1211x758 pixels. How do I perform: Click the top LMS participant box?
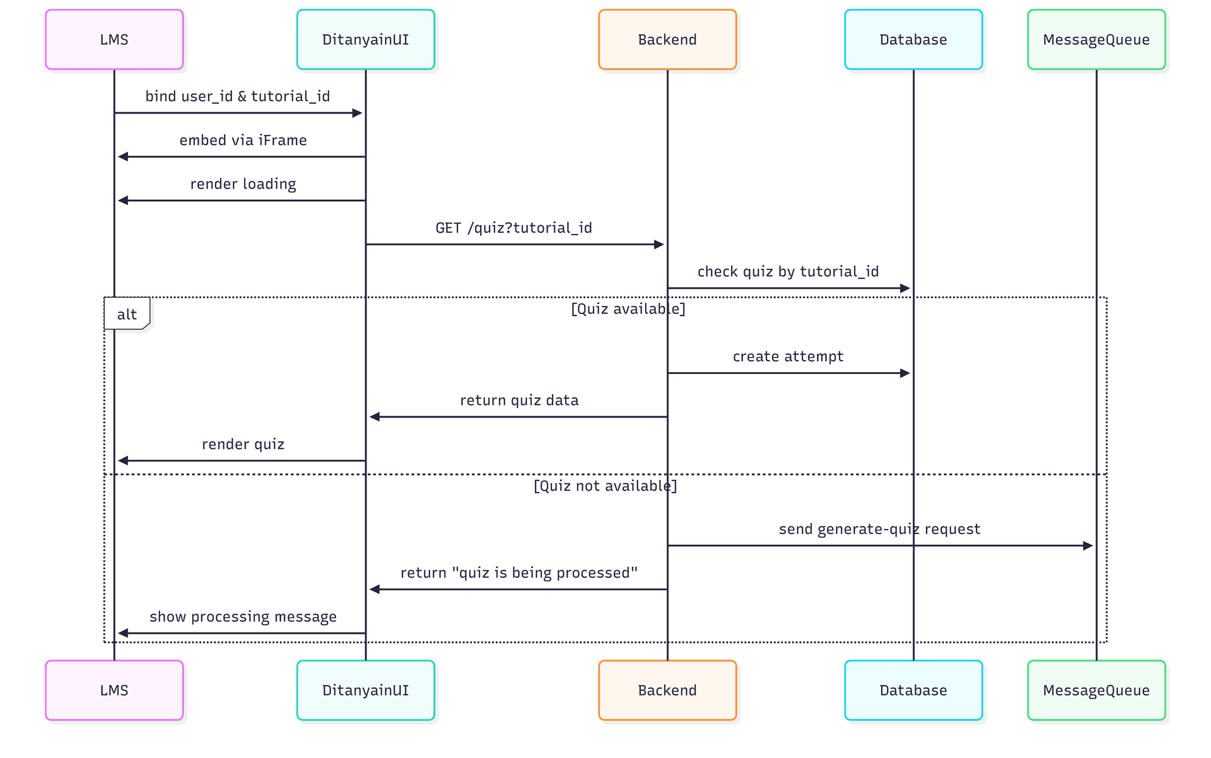[x=114, y=40]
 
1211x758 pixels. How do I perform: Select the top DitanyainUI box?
[x=365, y=40]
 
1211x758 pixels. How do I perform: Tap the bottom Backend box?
[x=667, y=690]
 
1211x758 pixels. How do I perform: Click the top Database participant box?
[x=913, y=40]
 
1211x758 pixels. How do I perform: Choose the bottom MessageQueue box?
[x=1096, y=690]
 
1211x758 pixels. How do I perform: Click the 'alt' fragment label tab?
[x=127, y=314]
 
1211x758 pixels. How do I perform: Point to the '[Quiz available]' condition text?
[x=628, y=309]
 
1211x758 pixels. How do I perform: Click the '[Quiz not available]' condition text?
[x=605, y=486]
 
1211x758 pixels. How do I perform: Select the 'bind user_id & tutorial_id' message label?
[x=238, y=96]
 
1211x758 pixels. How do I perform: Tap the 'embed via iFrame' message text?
[x=243, y=141]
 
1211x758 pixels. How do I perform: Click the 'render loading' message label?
[x=243, y=184]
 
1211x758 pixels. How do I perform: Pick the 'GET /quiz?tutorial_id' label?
[x=513, y=228]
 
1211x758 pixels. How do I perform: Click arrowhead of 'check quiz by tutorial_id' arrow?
[x=905, y=288]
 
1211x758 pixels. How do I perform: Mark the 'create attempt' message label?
[x=788, y=357]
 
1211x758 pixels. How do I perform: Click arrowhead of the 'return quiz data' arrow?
[x=375, y=417]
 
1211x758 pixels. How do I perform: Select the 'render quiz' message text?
[x=243, y=445]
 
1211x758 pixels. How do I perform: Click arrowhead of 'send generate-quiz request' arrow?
[x=1087, y=545]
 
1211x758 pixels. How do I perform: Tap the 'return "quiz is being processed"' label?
[x=518, y=573]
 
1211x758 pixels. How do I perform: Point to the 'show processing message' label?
[x=243, y=617]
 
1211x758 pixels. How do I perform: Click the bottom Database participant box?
[x=913, y=690]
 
